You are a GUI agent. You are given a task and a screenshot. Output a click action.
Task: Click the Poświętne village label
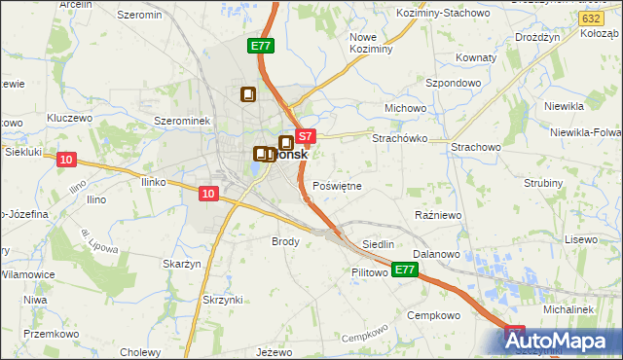tap(339, 185)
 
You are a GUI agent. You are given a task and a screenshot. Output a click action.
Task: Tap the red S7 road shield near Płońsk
tap(305, 137)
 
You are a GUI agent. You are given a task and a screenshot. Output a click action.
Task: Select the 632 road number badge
tap(588, 18)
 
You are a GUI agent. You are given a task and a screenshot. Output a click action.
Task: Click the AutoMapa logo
tap(563, 342)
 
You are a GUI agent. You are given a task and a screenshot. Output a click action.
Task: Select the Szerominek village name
tap(183, 120)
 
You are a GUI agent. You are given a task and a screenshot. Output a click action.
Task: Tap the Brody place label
tap(285, 240)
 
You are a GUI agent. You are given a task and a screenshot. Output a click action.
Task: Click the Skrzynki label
tap(223, 299)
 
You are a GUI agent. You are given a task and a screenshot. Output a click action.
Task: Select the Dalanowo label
tap(441, 254)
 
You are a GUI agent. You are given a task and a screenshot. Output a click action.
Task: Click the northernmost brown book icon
tap(247, 94)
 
